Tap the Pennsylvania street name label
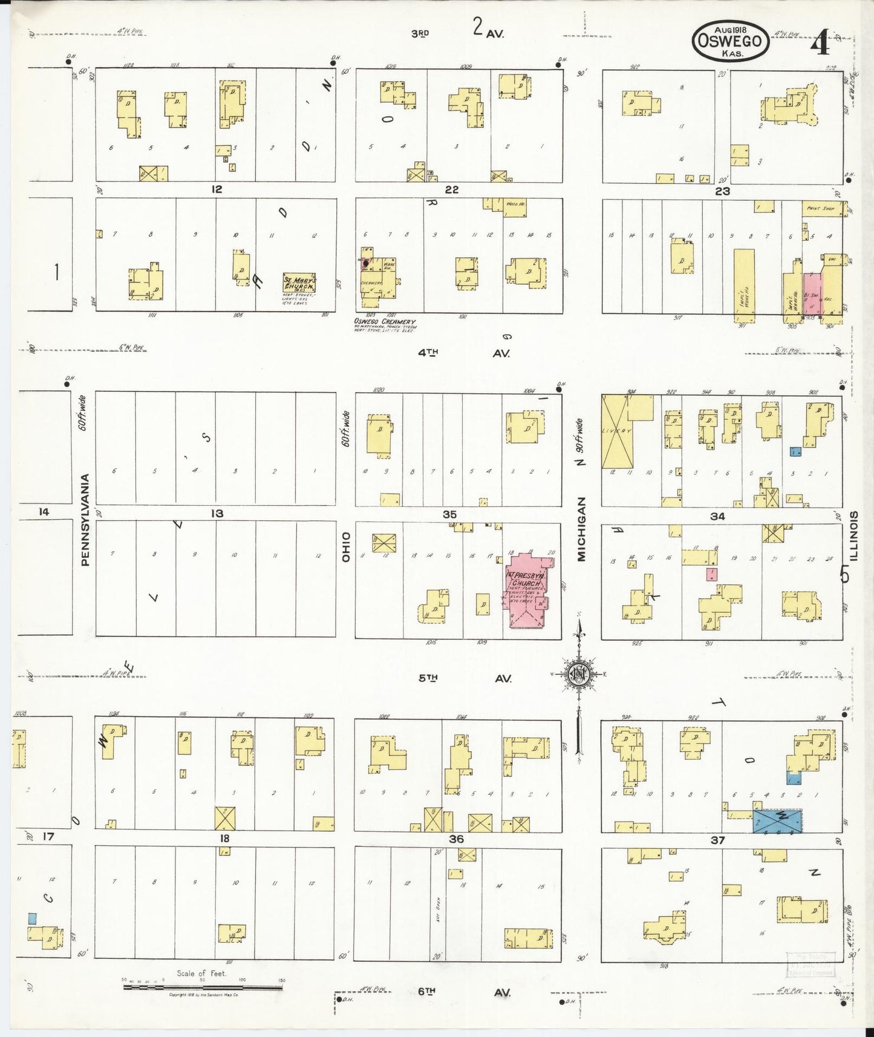(85, 520)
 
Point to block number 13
(217, 513)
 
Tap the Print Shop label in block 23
(820, 208)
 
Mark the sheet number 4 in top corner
(823, 45)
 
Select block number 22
(451, 189)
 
